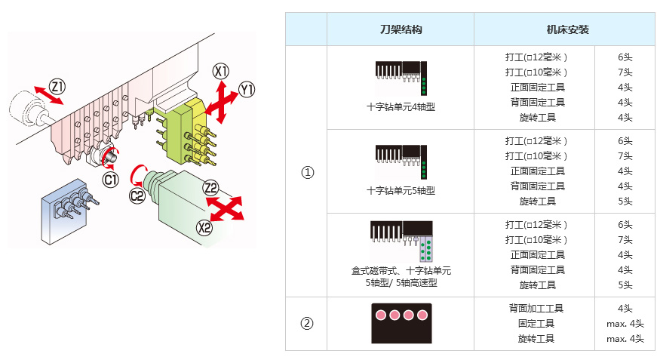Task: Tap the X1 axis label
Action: tap(220, 72)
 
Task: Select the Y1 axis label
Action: tap(247, 91)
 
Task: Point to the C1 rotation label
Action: tap(111, 180)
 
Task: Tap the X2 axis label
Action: tap(204, 227)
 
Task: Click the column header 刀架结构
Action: tap(400, 30)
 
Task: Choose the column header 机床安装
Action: tap(567, 30)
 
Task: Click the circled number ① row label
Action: tap(306, 172)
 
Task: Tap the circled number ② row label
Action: tap(306, 324)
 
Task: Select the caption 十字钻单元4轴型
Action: tap(401, 107)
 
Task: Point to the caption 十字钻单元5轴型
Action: tap(401, 191)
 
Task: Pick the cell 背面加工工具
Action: tap(537, 308)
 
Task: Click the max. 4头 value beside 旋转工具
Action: tap(625, 339)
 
